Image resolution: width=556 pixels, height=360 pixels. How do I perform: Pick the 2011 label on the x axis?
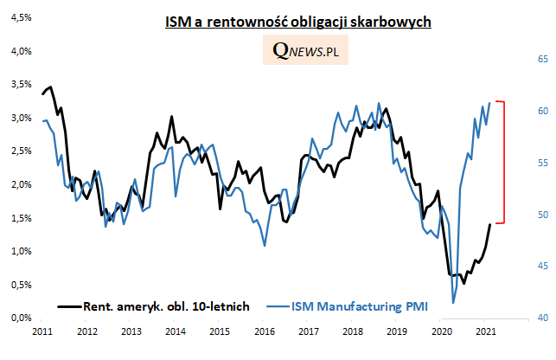[x=42, y=331]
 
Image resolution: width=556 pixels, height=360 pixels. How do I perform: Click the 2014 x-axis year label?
[x=175, y=331]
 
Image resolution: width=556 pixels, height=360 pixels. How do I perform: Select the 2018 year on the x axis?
[x=352, y=331]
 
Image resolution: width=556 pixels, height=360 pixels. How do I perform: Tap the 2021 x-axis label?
[x=484, y=331]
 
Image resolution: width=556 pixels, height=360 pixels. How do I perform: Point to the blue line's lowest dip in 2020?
[x=452, y=303]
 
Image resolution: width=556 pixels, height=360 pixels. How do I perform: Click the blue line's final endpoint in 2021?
[x=490, y=103]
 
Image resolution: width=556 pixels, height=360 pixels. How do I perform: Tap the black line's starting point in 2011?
[x=42, y=93]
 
